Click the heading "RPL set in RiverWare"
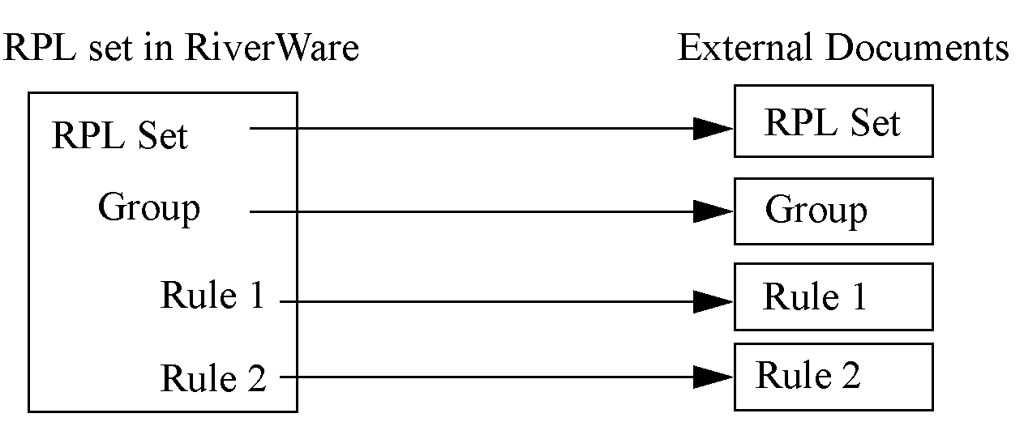(181, 49)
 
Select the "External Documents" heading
(843, 49)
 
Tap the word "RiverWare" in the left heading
(271, 49)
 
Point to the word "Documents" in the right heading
(918, 49)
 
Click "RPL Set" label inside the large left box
(119, 136)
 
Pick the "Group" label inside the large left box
(148, 208)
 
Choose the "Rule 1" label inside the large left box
(212, 296)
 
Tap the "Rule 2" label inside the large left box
(213, 377)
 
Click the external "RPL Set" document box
(833, 121)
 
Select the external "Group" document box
(833, 211)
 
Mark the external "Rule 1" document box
(833, 296)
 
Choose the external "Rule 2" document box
(833, 377)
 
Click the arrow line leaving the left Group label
(470, 211)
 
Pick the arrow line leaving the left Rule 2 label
(486, 377)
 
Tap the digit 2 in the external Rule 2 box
(850, 376)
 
